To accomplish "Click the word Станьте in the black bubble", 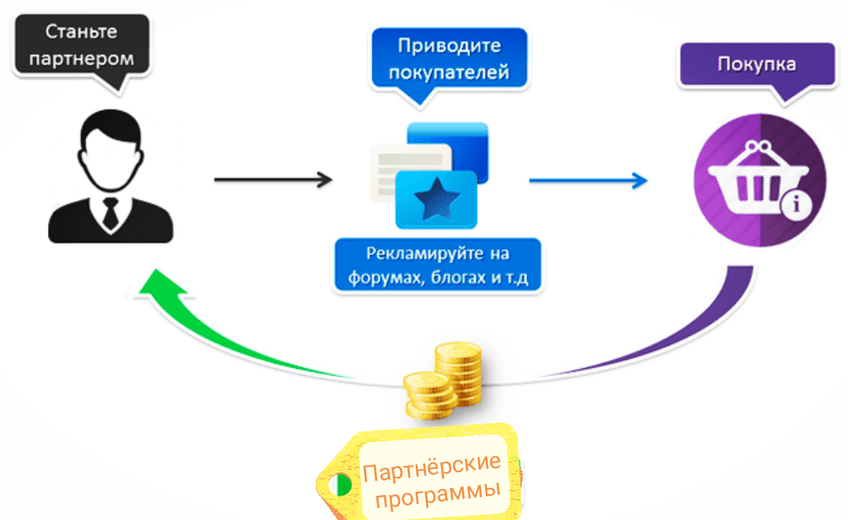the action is [81, 31].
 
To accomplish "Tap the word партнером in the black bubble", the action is [82, 58].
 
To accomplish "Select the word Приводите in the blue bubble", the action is [450, 46].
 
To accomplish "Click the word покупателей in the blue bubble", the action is [449, 72].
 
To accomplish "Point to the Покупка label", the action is [757, 64].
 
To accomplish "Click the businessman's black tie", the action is [110, 213].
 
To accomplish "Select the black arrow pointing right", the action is [273, 179].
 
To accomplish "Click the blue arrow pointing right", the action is [588, 181].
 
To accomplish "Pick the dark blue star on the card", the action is [436, 200].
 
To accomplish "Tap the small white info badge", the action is [795, 205].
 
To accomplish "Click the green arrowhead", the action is [161, 284].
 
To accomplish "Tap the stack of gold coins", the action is [443, 380].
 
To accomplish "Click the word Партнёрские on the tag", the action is [431, 467].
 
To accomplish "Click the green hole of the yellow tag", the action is [341, 485].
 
